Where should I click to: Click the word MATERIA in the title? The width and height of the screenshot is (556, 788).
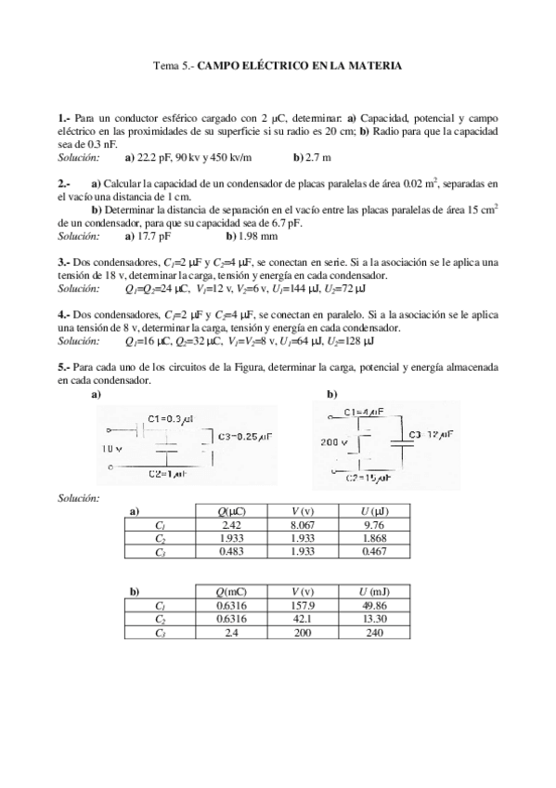371,67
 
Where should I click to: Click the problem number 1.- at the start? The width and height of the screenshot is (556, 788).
63,120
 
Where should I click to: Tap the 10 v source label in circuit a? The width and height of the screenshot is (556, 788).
111,448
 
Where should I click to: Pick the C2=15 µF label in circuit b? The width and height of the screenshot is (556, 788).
364,478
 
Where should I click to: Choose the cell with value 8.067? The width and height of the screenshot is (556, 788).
300,525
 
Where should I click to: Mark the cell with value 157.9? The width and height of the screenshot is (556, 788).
300,605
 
